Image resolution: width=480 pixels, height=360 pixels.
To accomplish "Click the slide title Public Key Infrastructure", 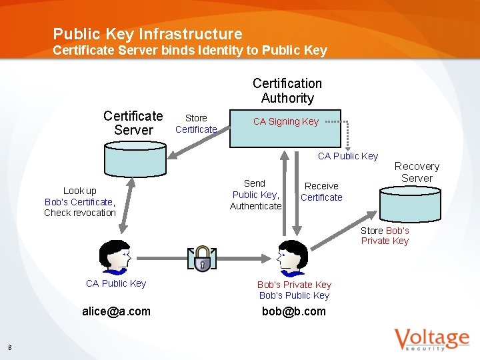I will pos(147,34).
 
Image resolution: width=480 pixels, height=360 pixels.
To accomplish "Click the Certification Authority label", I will pos(287,91).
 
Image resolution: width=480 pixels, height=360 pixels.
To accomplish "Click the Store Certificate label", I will pos(196,123).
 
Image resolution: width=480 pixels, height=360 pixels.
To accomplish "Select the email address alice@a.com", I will pos(116,311).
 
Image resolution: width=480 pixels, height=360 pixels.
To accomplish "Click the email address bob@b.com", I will pos(294,311).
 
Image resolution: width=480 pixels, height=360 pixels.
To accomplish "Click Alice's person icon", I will pos(114,257).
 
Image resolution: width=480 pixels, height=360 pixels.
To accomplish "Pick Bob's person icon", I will pos(292,257).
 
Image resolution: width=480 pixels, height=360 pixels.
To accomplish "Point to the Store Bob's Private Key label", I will pos(385,235).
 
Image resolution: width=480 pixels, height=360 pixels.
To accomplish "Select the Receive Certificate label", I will pos(321,191).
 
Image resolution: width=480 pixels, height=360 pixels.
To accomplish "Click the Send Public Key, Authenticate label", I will pos(255,195).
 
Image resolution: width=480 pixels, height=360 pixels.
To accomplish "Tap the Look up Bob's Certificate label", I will pos(80,201).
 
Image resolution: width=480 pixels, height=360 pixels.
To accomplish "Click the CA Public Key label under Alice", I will pos(116,283).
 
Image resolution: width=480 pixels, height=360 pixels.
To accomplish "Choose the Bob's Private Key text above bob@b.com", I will pos(294,285).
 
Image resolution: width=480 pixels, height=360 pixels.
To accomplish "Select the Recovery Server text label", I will pos(417,172).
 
